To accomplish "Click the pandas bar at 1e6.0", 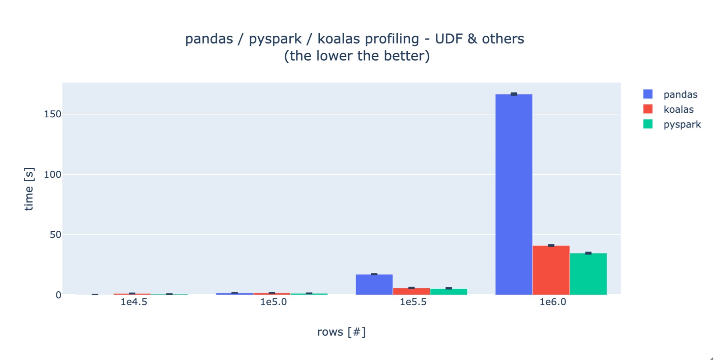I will click(x=514, y=194).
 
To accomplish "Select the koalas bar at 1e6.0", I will click(x=551, y=270).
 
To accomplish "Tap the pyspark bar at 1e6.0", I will click(x=588, y=274).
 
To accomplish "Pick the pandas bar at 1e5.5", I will click(x=374, y=285).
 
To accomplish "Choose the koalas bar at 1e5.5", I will click(x=411, y=291).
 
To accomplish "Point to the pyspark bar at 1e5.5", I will click(x=448, y=292).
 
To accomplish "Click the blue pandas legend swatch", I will click(x=648, y=94).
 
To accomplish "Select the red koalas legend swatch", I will click(x=648, y=109).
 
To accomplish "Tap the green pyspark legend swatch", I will click(x=648, y=124).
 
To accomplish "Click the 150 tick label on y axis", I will click(x=53, y=114).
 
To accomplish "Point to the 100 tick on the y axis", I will click(x=53, y=175).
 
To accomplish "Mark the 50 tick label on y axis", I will click(x=55, y=235).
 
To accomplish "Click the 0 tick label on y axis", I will click(x=58, y=295).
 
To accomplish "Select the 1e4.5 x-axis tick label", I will click(x=134, y=302).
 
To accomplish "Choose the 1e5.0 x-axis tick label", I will click(x=273, y=302).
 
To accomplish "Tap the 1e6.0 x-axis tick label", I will click(x=553, y=302).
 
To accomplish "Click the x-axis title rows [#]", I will click(x=341, y=332).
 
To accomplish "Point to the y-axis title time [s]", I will click(x=29, y=189).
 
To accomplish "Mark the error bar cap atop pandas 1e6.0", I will click(x=514, y=94).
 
